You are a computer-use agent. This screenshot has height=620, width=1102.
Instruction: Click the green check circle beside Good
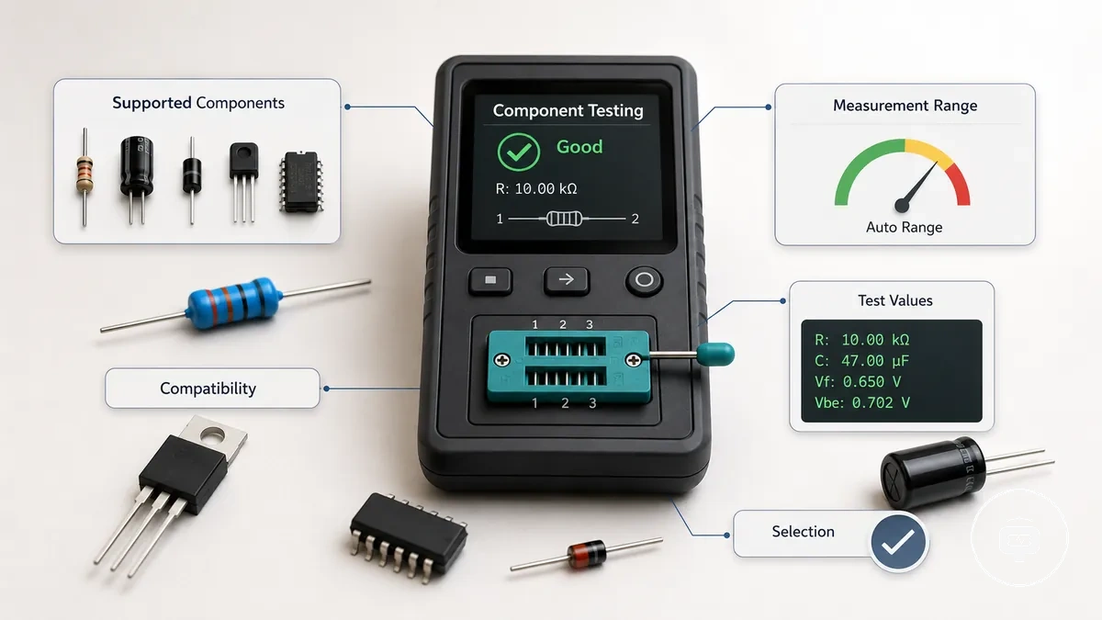tap(519, 152)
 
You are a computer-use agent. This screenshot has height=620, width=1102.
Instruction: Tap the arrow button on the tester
tap(567, 280)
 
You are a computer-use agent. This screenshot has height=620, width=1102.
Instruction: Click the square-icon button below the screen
tap(490, 280)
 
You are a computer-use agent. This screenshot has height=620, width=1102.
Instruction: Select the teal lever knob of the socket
tap(715, 355)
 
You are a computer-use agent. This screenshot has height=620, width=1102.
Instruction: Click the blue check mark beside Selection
tap(898, 542)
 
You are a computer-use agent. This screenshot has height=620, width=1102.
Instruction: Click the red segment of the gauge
tap(959, 184)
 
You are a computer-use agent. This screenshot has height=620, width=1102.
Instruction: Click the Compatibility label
tap(208, 389)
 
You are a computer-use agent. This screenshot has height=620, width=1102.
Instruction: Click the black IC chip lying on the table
tap(409, 537)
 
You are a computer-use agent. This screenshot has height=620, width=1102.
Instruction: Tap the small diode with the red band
tap(587, 554)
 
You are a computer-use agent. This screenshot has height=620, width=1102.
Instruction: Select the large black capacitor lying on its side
tap(933, 472)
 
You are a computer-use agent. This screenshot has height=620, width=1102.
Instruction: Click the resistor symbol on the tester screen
tap(564, 219)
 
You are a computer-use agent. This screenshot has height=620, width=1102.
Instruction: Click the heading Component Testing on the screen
tap(568, 111)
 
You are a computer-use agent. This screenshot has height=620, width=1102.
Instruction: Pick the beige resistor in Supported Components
tap(84, 176)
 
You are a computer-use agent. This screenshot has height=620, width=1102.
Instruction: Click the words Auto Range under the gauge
tap(905, 228)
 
